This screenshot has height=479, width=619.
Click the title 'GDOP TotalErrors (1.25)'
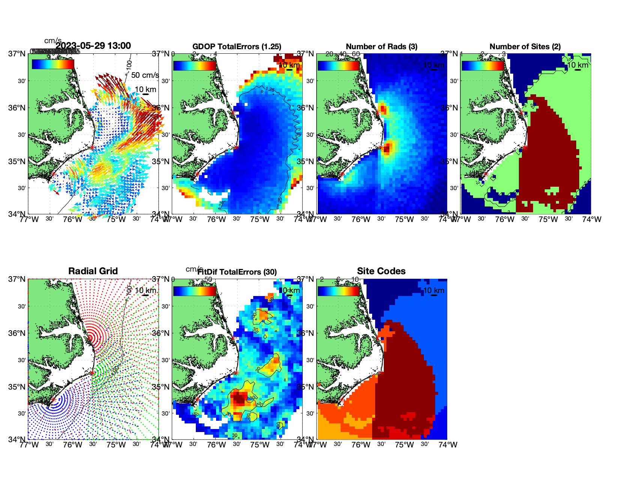(x=236, y=47)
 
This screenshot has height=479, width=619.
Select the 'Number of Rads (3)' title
(x=381, y=47)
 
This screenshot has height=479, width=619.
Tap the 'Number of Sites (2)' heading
(x=525, y=47)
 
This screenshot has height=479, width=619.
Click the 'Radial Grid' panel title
(x=93, y=271)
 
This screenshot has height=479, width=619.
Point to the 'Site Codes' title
(x=381, y=271)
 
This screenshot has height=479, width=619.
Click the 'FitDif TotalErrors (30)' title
(x=237, y=272)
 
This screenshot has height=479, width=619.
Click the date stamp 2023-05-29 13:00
(x=93, y=46)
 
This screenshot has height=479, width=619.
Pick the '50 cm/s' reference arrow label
(x=145, y=75)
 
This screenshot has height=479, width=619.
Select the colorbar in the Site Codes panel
(x=338, y=291)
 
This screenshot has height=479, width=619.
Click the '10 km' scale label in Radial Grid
(x=145, y=290)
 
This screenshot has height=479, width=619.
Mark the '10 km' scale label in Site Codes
(x=434, y=290)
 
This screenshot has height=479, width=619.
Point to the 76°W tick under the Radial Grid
(x=72, y=445)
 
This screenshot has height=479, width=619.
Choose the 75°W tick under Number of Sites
(x=548, y=219)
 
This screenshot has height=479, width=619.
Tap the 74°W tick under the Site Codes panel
(x=448, y=445)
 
